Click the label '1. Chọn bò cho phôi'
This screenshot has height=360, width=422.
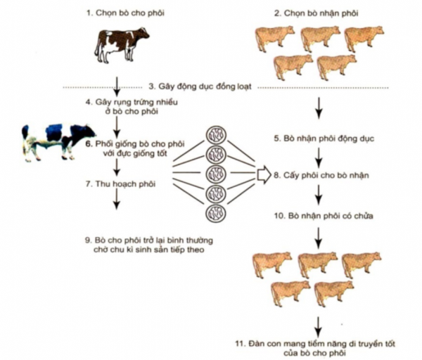tap(125, 13)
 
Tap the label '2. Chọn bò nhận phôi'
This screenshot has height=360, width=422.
tap(316, 13)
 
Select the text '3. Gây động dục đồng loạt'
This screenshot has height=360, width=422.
tap(200, 86)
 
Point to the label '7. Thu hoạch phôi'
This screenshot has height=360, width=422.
tap(120, 184)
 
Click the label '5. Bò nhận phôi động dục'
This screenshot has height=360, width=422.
tap(324, 139)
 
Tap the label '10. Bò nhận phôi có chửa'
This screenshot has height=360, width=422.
tap(324, 216)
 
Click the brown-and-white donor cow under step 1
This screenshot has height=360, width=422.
tap(122, 45)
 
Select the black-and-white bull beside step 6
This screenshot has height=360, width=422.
tap(58, 143)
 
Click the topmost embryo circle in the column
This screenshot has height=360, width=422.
tap(216, 135)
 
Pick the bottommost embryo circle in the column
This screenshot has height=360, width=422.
tap(216, 213)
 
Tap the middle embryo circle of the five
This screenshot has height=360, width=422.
tap(216, 174)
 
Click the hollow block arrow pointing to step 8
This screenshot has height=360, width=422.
tap(264, 175)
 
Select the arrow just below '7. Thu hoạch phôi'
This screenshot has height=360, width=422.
tap(116, 198)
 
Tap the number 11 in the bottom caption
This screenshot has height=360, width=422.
tap(239, 344)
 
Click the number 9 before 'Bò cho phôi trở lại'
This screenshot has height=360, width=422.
tap(89, 240)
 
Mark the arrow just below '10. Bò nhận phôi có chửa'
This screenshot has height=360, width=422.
tap(319, 238)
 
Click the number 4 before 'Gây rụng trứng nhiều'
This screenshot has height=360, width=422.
tap(89, 103)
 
